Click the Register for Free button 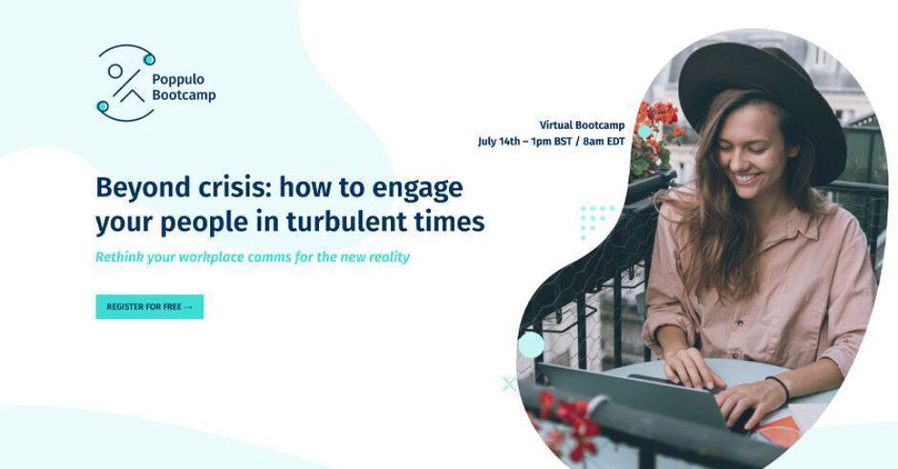149,307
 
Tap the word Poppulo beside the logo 178,79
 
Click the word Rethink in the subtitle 118,257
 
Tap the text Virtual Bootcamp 582,125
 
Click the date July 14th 499,141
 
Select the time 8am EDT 604,141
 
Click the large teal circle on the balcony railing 531,345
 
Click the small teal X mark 508,384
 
